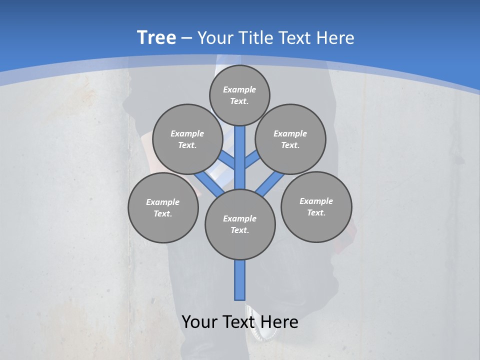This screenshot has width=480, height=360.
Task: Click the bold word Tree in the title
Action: coord(156,37)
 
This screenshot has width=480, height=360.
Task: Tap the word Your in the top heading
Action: coord(214,37)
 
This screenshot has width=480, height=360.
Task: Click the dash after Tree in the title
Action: coord(186,38)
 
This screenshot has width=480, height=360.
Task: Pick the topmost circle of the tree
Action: coord(239,95)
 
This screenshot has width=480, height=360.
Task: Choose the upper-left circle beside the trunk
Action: coord(187,139)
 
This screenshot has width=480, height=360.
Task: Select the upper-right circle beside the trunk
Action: coord(290,139)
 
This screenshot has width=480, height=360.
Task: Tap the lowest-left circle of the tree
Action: coord(163,207)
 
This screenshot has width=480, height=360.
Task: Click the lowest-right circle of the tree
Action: coord(316,206)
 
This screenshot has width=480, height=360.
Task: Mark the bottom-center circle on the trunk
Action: coord(240,224)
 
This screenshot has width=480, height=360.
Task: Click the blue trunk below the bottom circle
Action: coord(240,280)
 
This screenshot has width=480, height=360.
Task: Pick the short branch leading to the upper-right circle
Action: coord(252,160)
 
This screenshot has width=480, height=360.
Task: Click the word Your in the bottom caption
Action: coord(199,322)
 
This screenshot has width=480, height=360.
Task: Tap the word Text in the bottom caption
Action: coord(238,322)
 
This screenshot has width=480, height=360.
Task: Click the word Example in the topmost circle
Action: coord(239,89)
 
